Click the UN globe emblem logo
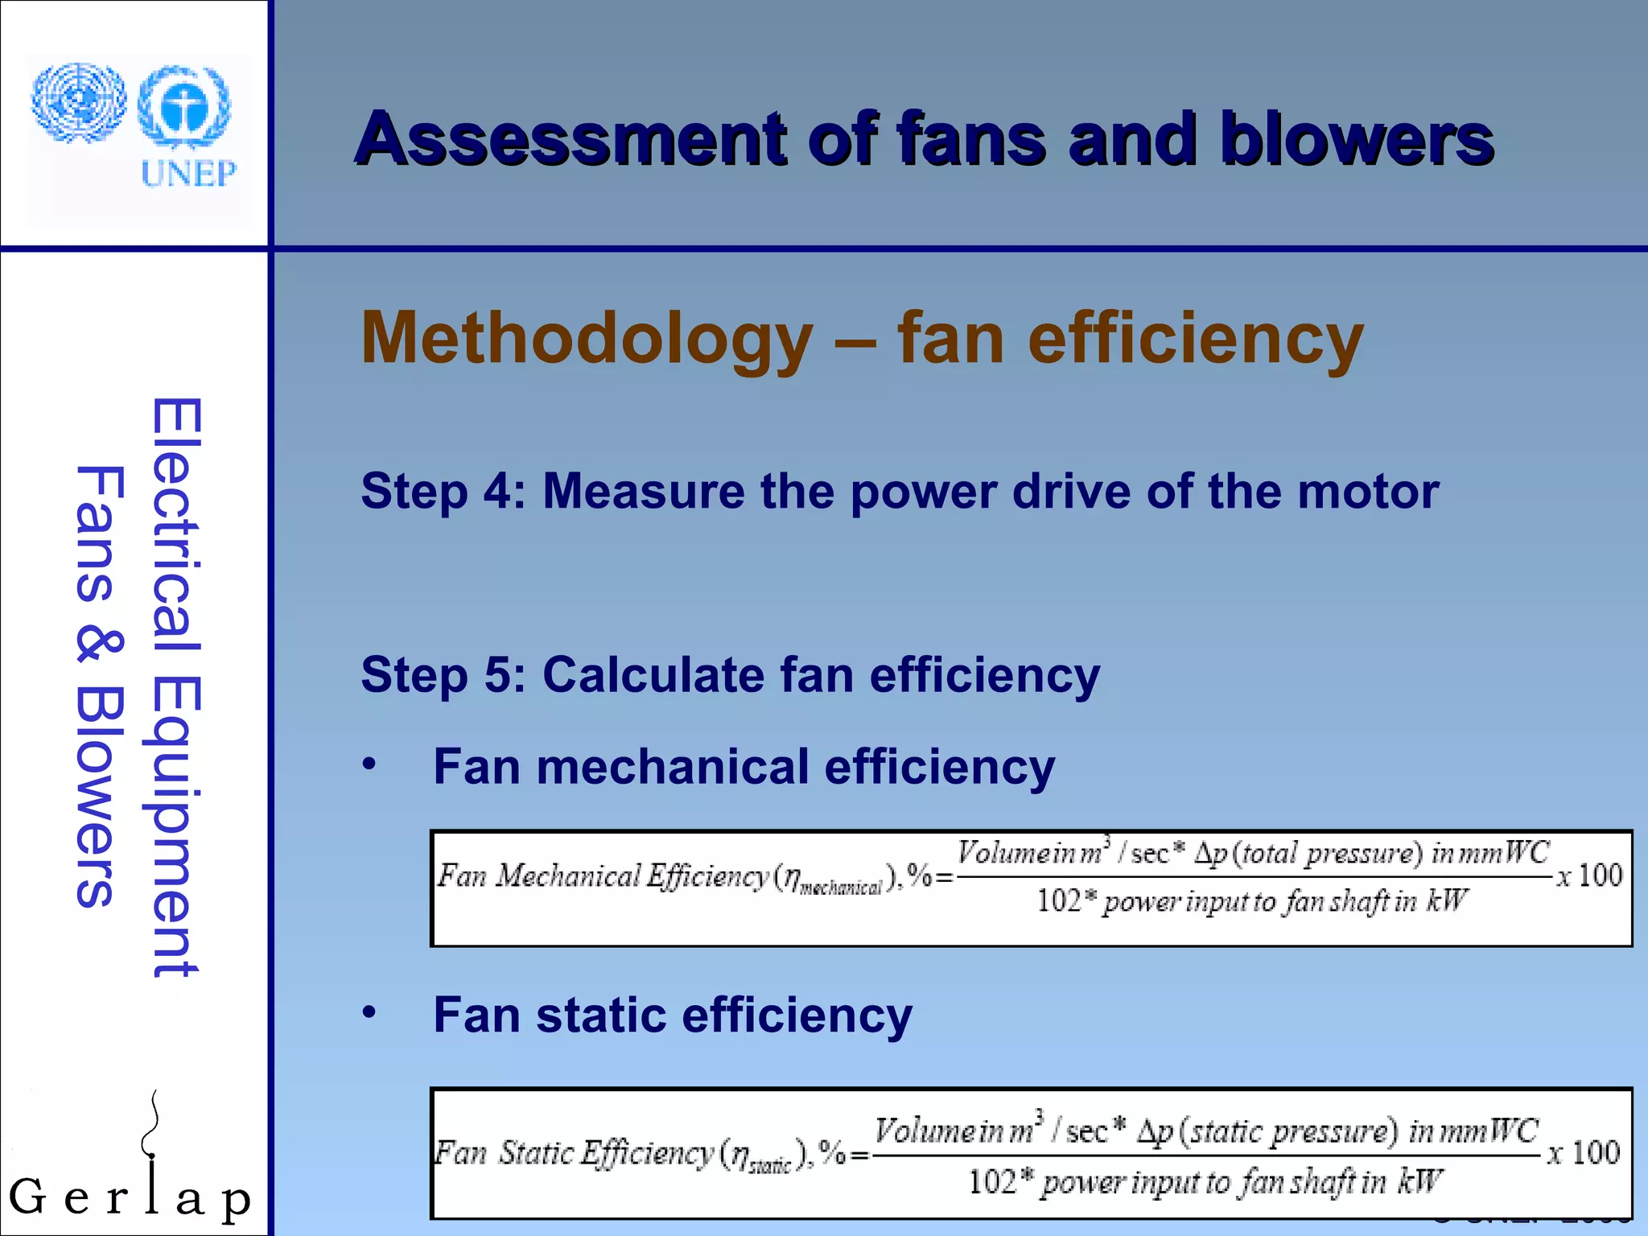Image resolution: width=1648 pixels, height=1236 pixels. [79, 102]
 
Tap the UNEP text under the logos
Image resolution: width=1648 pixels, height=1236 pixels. [189, 173]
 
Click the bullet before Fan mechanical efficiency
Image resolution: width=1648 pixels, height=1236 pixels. [369, 764]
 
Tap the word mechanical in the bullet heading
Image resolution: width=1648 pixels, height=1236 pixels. [672, 767]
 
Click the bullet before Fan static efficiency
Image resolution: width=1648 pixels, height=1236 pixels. [369, 1012]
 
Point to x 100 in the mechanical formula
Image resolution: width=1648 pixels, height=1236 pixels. [1589, 875]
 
